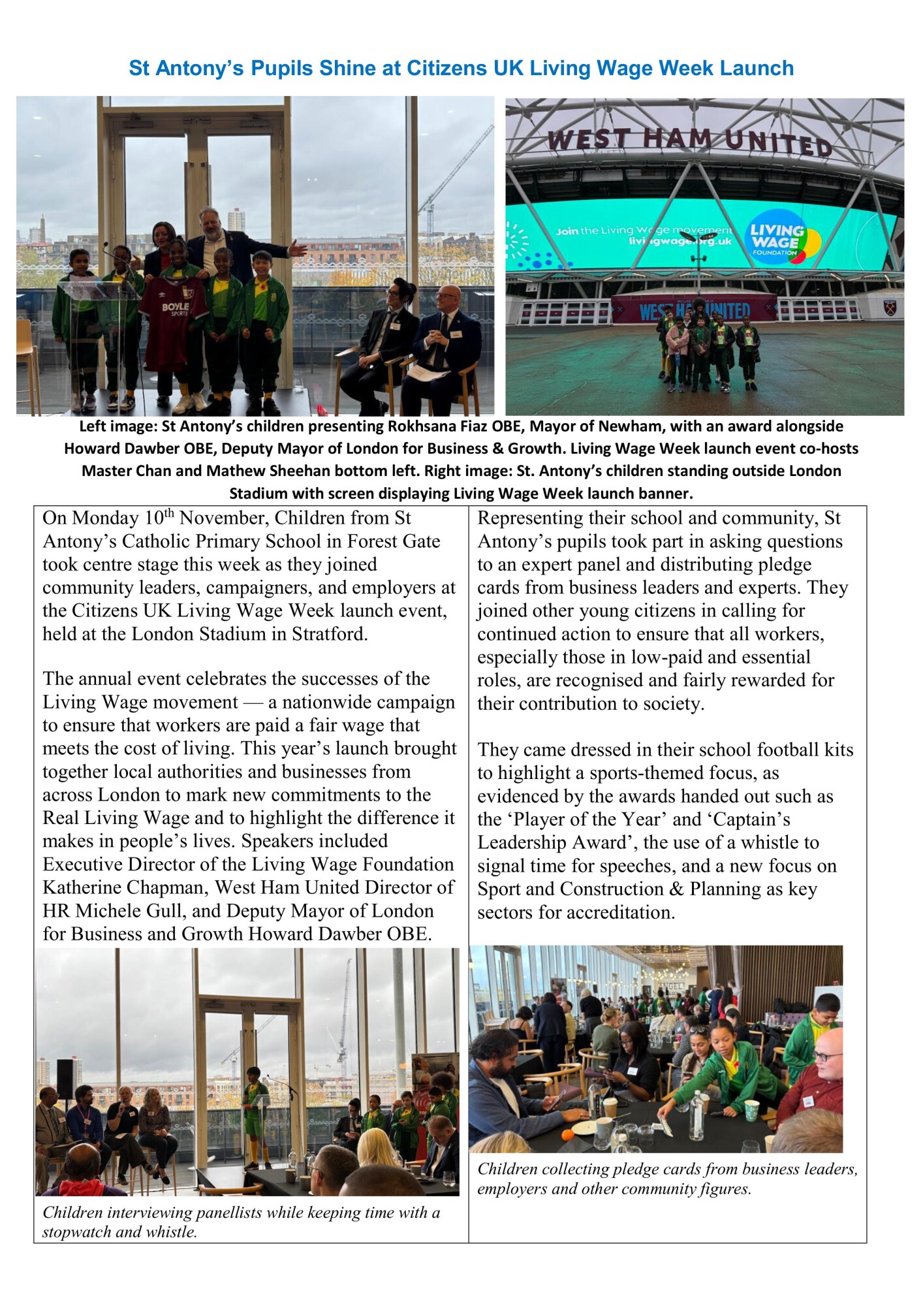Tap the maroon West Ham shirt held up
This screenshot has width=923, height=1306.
(x=174, y=320)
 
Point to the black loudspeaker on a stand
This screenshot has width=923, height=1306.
(x=65, y=1077)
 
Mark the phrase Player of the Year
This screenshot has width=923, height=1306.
(x=585, y=820)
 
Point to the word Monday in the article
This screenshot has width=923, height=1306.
(x=106, y=518)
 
